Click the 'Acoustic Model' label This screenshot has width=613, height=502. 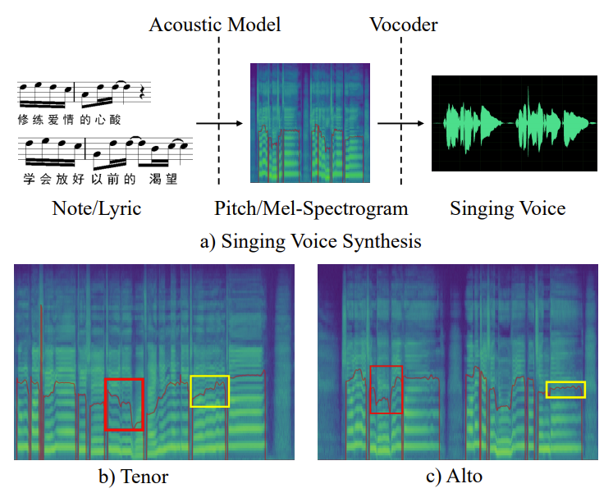tap(215, 25)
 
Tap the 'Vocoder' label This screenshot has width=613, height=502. tap(402, 25)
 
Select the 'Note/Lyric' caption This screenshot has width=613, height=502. tap(97, 208)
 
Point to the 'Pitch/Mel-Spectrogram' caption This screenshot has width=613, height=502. tap(311, 208)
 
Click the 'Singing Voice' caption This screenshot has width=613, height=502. tap(507, 208)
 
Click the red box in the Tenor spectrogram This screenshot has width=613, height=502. tap(124, 404)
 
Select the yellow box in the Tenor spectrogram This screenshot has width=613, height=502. tap(209, 390)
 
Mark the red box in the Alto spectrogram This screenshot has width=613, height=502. tap(387, 390)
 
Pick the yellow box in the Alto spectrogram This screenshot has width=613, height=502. tap(566, 390)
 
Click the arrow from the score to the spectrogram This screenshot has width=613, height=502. tap(220, 124)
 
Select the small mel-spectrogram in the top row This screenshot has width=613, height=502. tap(311, 122)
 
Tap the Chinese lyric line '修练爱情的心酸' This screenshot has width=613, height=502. tap(69, 120)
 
